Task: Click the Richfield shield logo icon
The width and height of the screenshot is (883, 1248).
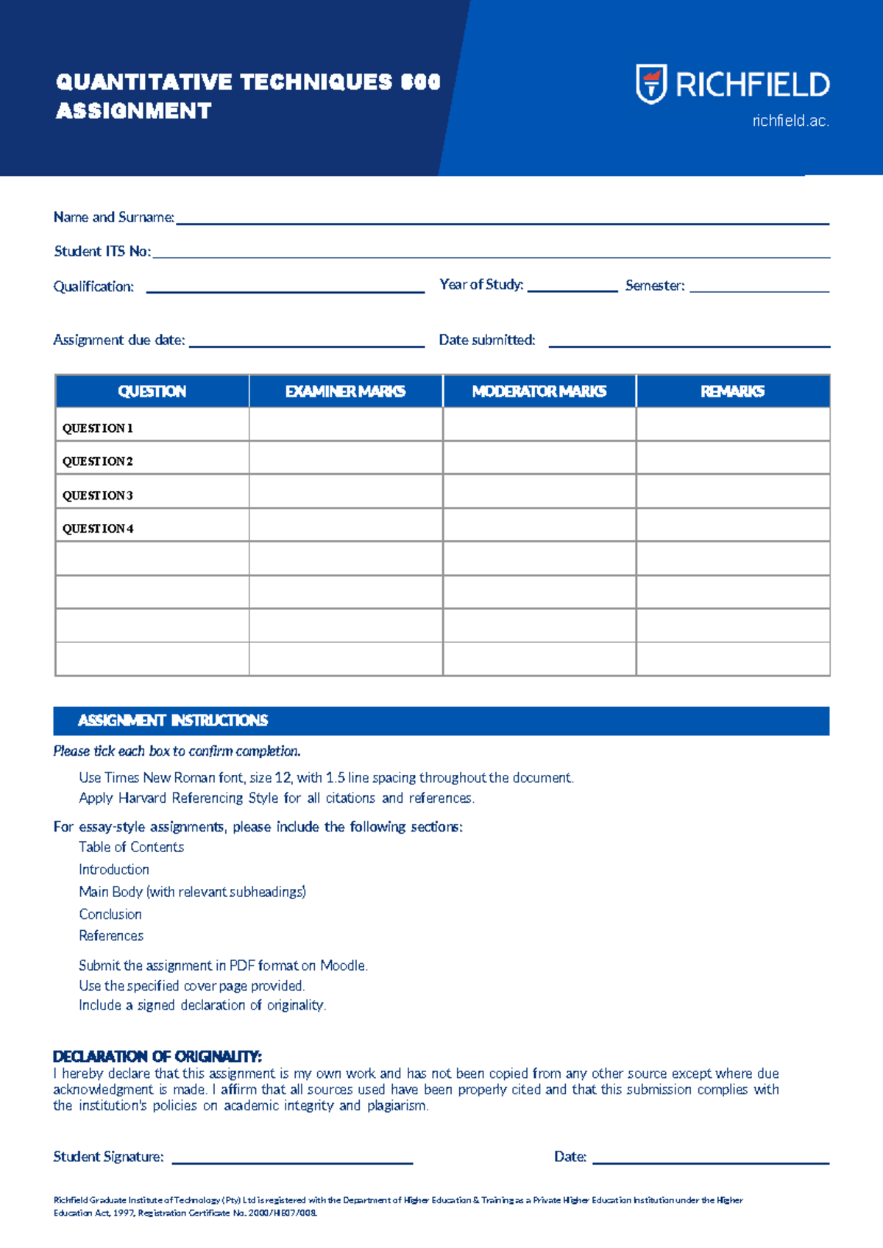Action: [x=651, y=84]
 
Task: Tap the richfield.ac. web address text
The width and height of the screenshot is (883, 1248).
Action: [x=790, y=121]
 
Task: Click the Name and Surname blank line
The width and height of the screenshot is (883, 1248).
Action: [x=502, y=221]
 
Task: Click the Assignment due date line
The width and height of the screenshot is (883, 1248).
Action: [x=307, y=344]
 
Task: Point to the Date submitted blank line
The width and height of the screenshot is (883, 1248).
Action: [x=689, y=344]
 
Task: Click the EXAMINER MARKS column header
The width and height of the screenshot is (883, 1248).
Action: [x=345, y=391]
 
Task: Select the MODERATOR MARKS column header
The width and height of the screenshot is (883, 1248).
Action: [x=539, y=391]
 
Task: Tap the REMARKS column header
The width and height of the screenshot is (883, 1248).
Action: [x=732, y=391]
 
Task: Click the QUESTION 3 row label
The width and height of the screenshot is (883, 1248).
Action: [x=98, y=495]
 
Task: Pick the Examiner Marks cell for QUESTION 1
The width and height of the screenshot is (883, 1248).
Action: [x=345, y=425]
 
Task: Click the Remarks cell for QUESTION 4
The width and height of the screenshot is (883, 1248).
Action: [x=732, y=525]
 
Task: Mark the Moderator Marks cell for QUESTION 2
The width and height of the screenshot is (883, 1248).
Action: [x=539, y=458]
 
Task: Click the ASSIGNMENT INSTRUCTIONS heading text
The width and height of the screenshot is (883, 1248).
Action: [x=173, y=720]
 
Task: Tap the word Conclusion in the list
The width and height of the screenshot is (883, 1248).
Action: [x=110, y=914]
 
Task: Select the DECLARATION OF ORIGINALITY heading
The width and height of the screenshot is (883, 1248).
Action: [x=157, y=1057]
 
